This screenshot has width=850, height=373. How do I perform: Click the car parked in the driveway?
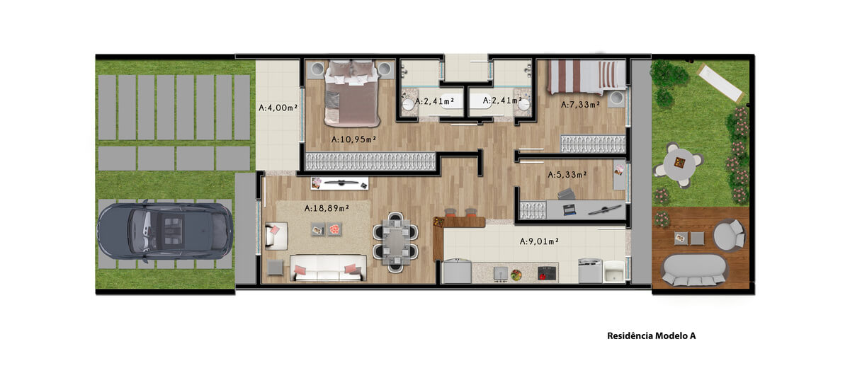[x=165, y=231]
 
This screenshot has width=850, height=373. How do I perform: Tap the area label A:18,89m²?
[x=327, y=208]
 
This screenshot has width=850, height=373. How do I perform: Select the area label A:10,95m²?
[x=353, y=139]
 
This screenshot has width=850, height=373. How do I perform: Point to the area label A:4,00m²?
[x=278, y=108]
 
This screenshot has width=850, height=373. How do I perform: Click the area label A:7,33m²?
[x=581, y=104]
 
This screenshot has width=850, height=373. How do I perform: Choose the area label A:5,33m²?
[x=567, y=175]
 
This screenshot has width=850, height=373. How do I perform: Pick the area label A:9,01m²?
[x=539, y=241]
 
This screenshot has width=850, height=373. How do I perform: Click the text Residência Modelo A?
[x=652, y=336]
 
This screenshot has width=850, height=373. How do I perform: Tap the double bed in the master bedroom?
[x=352, y=93]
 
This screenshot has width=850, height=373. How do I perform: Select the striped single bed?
[x=586, y=77]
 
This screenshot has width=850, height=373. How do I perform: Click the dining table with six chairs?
[x=396, y=242]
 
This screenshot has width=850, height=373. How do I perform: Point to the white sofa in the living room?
[x=328, y=268]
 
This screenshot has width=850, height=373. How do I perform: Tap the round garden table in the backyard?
[x=679, y=165]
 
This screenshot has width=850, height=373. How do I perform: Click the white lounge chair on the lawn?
[x=721, y=83]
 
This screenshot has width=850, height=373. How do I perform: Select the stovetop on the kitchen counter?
[x=547, y=273]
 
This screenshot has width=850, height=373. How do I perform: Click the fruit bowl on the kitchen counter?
[x=516, y=274]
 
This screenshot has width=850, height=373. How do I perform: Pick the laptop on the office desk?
[x=569, y=210]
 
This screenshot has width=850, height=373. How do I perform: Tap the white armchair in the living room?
[x=276, y=236]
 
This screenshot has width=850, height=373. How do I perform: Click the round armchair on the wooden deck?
[x=729, y=235]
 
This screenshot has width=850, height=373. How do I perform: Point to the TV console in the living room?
[x=339, y=183]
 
